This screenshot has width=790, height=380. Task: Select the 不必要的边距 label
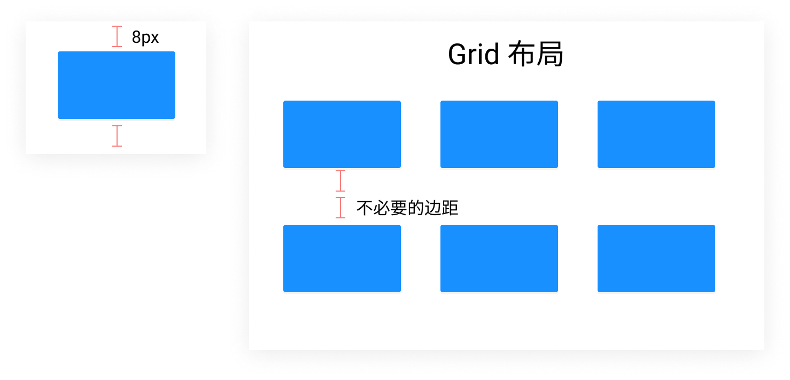tap(407, 208)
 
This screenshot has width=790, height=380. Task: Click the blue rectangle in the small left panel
tap(117, 85)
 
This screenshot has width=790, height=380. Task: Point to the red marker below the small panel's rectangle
tap(117, 136)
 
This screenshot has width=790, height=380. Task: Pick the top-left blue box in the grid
tap(342, 134)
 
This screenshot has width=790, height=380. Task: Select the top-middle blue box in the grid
tap(499, 134)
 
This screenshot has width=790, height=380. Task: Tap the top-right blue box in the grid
tap(656, 134)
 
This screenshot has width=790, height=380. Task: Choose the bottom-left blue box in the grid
tap(342, 259)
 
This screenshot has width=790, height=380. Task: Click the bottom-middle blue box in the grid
tap(499, 259)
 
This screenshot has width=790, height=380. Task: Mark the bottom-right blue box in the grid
tap(656, 259)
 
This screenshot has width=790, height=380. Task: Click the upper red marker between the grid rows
tap(340, 181)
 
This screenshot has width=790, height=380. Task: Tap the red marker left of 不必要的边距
tap(340, 208)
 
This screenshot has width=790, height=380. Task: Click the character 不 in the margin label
tap(364, 208)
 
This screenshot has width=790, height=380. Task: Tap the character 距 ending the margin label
tap(451, 208)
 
